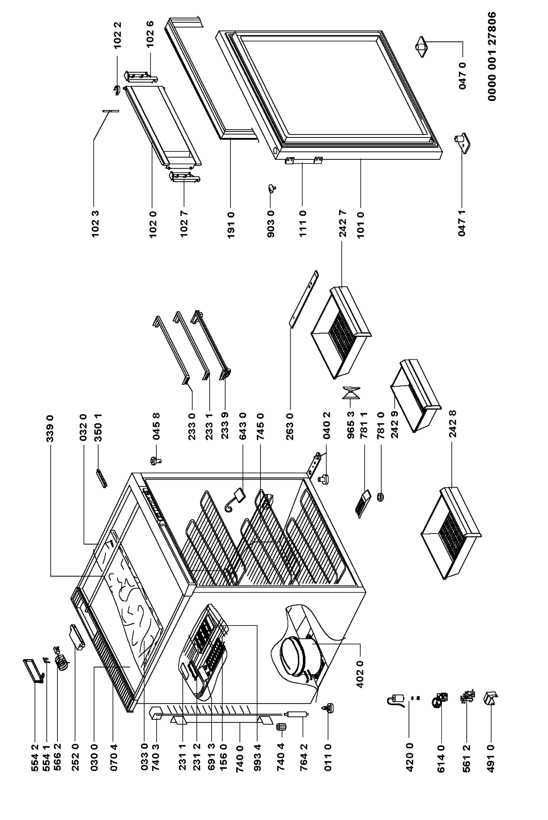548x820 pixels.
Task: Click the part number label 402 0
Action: pyautogui.click(x=360, y=673)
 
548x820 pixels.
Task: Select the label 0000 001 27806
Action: pyautogui.click(x=492, y=56)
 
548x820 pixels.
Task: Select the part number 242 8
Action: pyautogui.click(x=453, y=424)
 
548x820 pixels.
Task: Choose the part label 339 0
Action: pyautogui.click(x=50, y=429)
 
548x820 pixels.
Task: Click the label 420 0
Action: pyautogui.click(x=410, y=757)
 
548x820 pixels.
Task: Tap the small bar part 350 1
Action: pyautogui.click(x=102, y=477)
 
